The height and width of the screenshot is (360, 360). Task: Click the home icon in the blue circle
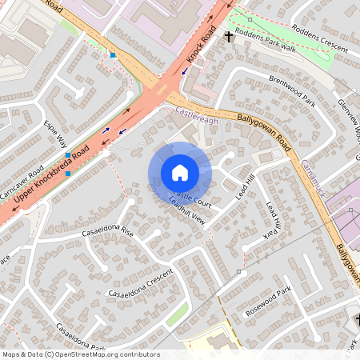coord(180,173)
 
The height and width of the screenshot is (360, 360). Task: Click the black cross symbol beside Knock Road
coord(229,37)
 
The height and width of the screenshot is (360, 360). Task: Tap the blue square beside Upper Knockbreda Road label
coord(69,173)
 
